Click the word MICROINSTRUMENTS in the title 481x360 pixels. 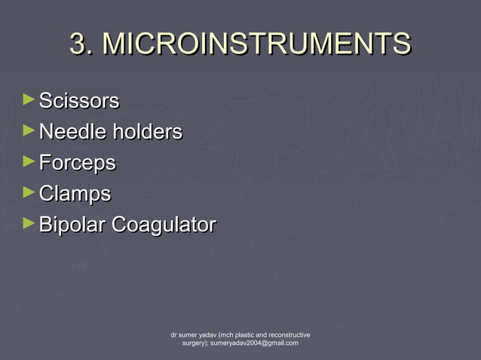[256, 44]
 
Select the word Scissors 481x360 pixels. [79, 101]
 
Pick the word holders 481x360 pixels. [147, 133]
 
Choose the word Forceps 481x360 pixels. [77, 163]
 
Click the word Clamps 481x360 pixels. [75, 194]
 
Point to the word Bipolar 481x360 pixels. [72, 225]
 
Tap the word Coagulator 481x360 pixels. [164, 225]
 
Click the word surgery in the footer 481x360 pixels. [195, 343]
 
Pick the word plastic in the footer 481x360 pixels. [240, 334]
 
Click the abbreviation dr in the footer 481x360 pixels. [174, 334]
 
